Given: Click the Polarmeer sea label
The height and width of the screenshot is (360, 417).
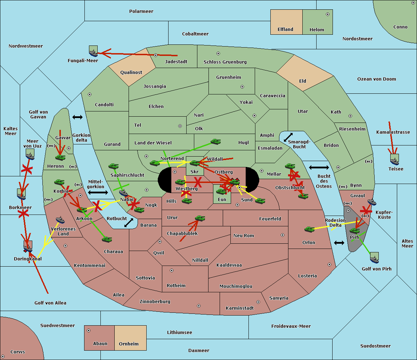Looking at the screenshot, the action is pyautogui.click(x=141, y=11).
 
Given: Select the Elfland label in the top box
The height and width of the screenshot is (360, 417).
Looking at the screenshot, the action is pyautogui.click(x=285, y=30).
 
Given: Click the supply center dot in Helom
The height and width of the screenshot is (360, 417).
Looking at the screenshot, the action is pyautogui.click(x=328, y=14).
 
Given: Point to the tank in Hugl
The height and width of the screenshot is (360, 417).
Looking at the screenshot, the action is pyautogui.click(x=216, y=142).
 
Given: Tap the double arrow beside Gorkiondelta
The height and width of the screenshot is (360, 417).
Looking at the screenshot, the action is pyautogui.click(x=77, y=117).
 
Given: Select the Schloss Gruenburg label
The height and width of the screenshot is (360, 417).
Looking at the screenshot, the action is pyautogui.click(x=225, y=62).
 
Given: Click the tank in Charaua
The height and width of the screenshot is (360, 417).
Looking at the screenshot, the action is pyautogui.click(x=107, y=239).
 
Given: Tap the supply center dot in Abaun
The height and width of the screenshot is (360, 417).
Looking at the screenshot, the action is pyautogui.click(x=89, y=330).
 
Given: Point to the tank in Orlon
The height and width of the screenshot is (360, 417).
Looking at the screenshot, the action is pyautogui.click(x=310, y=229).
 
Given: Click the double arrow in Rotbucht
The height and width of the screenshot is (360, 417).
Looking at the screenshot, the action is pyautogui.click(x=129, y=223).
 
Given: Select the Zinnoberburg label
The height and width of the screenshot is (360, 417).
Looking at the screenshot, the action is pyautogui.click(x=155, y=302).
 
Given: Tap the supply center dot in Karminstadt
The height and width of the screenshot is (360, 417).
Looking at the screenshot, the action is pyautogui.click(x=258, y=302).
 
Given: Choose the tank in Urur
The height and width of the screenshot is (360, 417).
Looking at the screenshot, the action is pyautogui.click(x=200, y=218).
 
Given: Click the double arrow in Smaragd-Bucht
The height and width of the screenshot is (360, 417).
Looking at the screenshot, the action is pyautogui.click(x=288, y=137).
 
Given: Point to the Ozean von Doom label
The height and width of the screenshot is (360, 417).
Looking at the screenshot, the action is pyautogui.click(x=377, y=79).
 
